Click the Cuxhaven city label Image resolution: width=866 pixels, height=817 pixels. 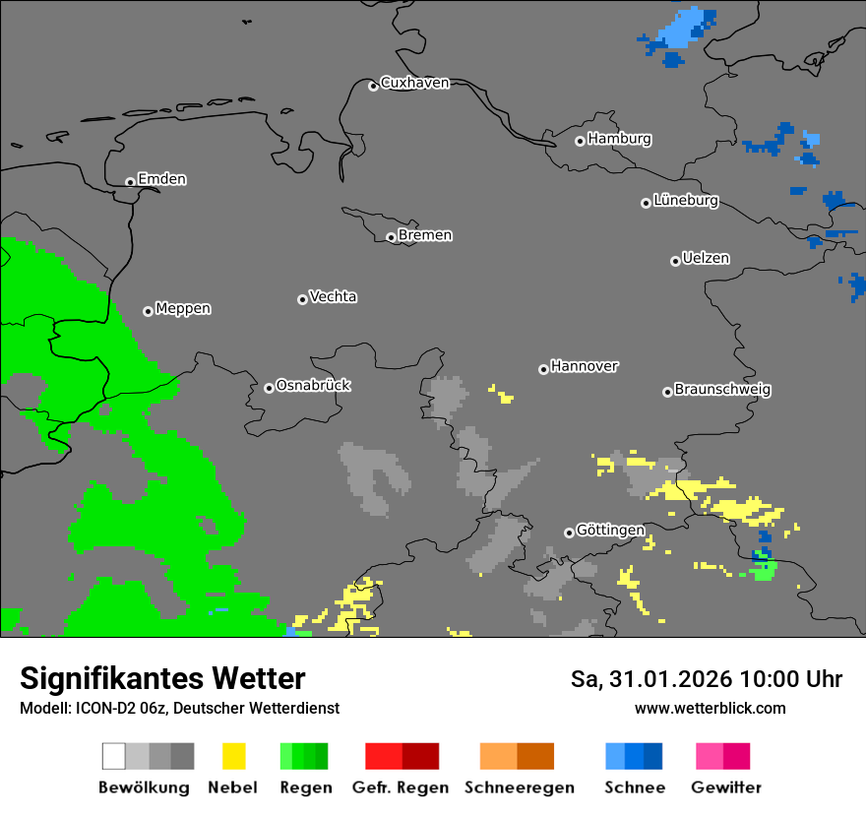[x=414, y=84]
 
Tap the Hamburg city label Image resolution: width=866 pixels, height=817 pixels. [x=619, y=140]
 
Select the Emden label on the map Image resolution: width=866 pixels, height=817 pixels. [x=161, y=180]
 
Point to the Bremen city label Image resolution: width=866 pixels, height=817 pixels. [x=425, y=236]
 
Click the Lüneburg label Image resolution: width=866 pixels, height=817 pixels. [x=686, y=201]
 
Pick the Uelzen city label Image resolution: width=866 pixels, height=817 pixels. [x=706, y=259]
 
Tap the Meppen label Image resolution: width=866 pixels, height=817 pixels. [x=183, y=309]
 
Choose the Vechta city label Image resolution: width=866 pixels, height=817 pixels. [x=333, y=297]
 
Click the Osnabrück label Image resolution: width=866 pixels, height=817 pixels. [x=313, y=386]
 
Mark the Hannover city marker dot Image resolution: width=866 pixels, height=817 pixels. [x=543, y=369]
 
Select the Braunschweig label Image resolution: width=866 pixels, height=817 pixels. [x=722, y=390]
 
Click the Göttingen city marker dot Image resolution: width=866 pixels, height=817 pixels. [x=569, y=533]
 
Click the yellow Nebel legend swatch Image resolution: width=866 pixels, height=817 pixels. [x=233, y=756]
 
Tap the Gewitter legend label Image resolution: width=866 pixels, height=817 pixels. [x=725, y=787]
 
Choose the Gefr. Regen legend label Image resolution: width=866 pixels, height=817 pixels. [x=401, y=787]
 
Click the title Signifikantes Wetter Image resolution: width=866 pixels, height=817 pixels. [x=162, y=679]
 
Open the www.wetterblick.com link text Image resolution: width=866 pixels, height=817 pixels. [x=710, y=709]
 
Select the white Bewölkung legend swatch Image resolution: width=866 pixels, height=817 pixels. [x=114, y=756]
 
